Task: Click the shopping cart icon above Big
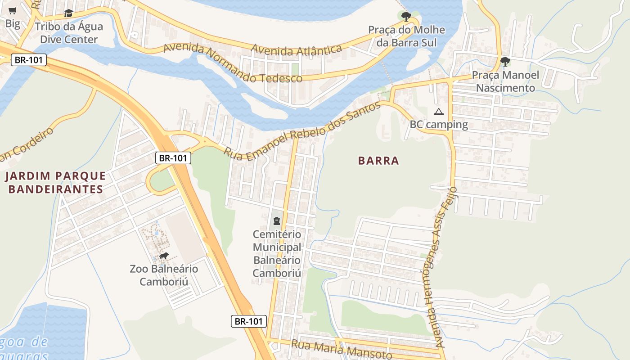[x=13, y=10]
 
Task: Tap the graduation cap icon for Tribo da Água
[x=68, y=13]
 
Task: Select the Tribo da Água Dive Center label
[x=69, y=33]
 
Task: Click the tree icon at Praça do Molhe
[x=406, y=17]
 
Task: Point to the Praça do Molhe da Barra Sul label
[x=406, y=36]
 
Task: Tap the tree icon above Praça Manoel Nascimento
[x=505, y=62]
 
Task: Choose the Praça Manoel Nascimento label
[x=505, y=81]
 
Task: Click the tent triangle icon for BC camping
[x=439, y=112]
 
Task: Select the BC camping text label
[x=439, y=125]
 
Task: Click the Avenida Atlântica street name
[x=297, y=50]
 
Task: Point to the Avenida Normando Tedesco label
[x=233, y=64]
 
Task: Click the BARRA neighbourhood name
[x=378, y=161]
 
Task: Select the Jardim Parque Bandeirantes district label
[x=55, y=182]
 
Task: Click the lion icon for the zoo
[x=163, y=256]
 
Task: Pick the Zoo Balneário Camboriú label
[x=164, y=275]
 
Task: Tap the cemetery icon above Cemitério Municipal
[x=276, y=221]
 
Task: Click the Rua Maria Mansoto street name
[x=342, y=350]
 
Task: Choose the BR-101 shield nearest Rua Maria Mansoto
[x=249, y=321]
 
